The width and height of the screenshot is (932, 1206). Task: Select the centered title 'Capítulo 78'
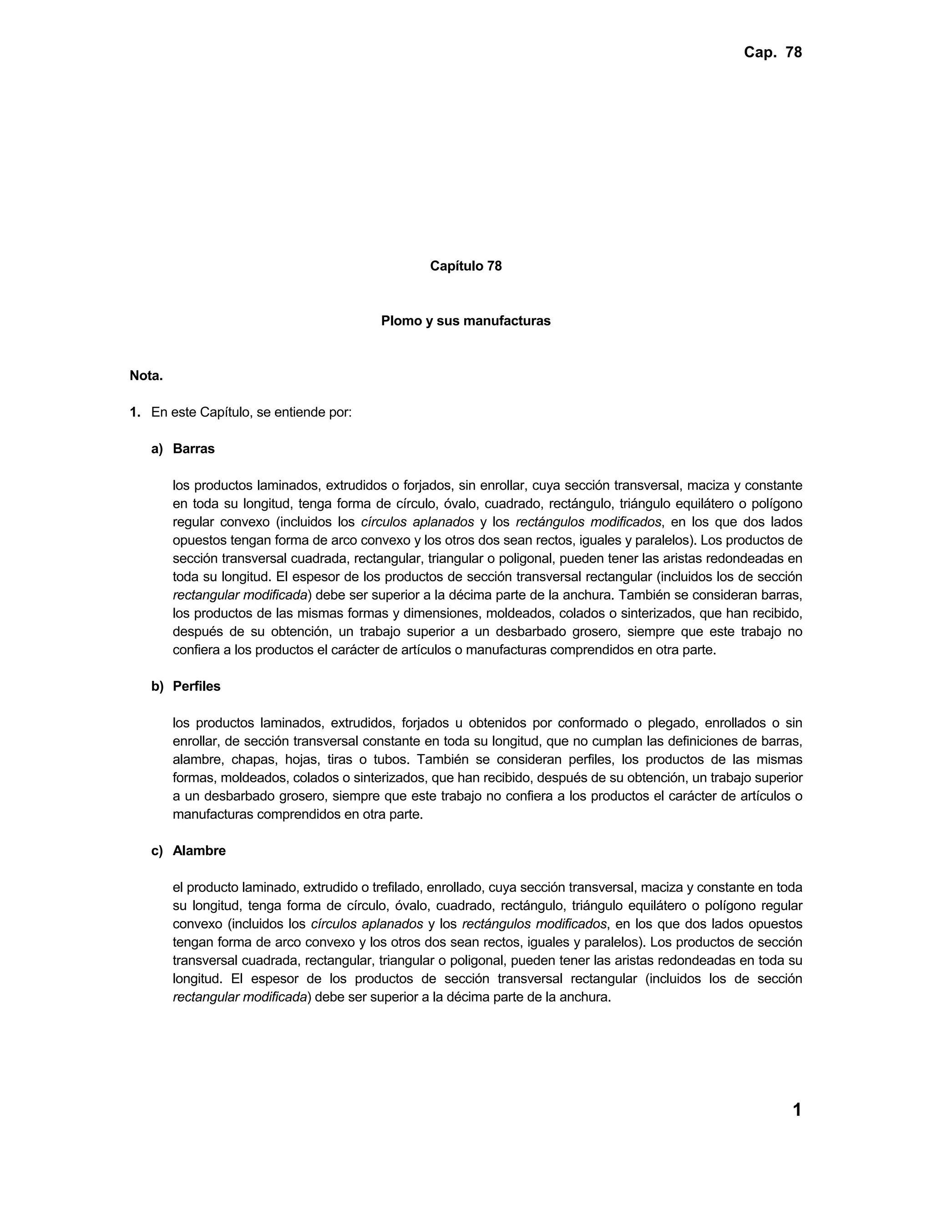[466, 266]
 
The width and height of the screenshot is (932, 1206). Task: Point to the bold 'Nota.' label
[147, 376]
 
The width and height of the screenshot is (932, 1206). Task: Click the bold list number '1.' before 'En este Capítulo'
[135, 412]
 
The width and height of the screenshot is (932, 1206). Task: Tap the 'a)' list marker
[157, 449]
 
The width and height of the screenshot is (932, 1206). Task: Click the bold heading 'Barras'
[193, 449]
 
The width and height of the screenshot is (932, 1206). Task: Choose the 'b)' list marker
[157, 686]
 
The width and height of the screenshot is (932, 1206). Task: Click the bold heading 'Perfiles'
[197, 686]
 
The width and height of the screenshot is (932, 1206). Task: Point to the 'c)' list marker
[157, 851]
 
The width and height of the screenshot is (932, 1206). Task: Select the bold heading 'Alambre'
[199, 851]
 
